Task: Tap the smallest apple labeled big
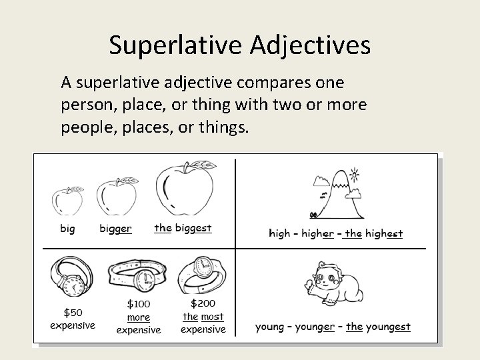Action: [x=67, y=200]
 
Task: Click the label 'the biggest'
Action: [x=183, y=228]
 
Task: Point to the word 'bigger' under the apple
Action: [x=115, y=229]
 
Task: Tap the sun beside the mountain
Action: [x=354, y=175]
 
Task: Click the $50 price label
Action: [x=73, y=313]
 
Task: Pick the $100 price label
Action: [x=139, y=304]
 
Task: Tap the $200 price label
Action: [x=203, y=303]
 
